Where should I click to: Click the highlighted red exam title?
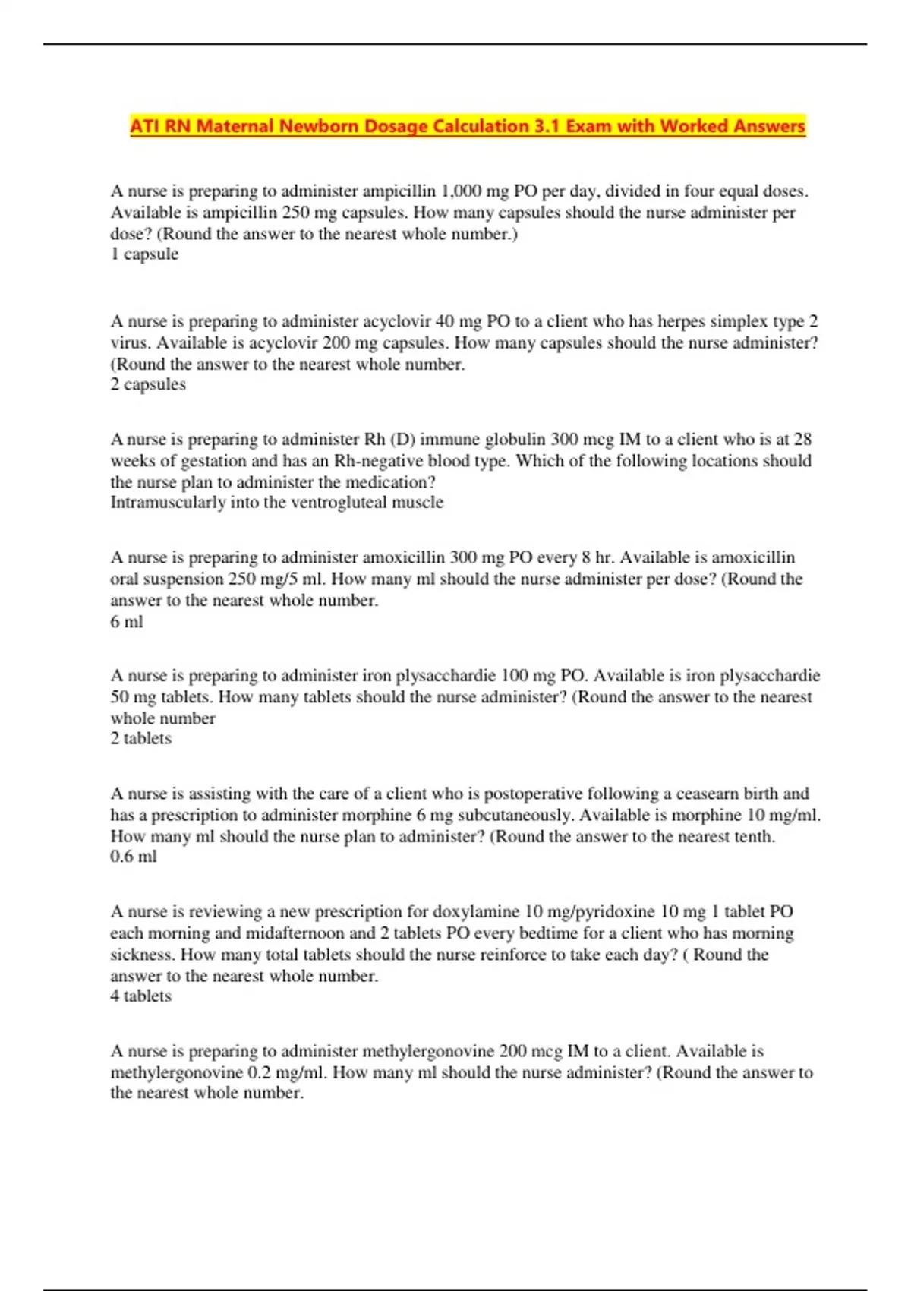[x=467, y=126]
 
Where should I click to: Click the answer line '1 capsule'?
[x=144, y=254]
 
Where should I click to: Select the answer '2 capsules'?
[x=148, y=385]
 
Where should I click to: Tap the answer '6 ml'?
[x=127, y=622]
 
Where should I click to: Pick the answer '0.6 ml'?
[x=134, y=857]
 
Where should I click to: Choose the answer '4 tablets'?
[x=140, y=996]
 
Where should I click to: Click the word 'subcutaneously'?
[x=512, y=816]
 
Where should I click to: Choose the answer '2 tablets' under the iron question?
[x=140, y=739]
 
